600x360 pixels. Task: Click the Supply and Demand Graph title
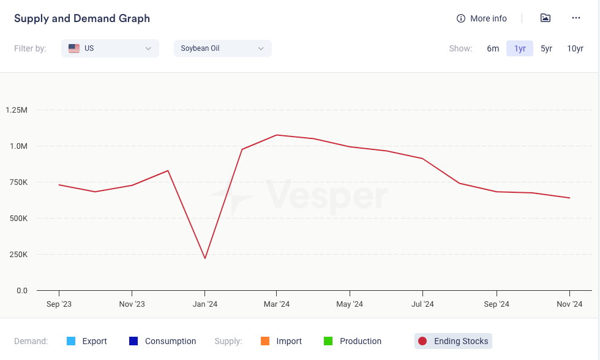coord(82,18)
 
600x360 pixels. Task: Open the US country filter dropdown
coord(110,48)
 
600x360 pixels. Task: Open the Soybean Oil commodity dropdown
coord(222,48)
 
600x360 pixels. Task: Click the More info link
coord(482,18)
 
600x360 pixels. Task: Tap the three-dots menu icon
coord(576,18)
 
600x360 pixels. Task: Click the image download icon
coord(546,18)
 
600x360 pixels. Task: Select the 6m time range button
coord(493,48)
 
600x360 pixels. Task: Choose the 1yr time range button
coord(520,48)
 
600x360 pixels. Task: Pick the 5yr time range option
coord(546,48)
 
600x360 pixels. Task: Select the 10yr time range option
coord(575,48)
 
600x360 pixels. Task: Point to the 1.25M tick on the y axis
coord(16,110)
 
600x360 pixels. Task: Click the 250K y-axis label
coord(17,254)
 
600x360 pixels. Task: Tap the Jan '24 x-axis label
coord(204,304)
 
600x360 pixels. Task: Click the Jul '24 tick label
coord(422,304)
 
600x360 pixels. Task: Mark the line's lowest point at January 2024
coord(204,258)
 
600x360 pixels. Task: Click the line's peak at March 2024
coord(277,135)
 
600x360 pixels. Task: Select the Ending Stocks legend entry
coord(453,341)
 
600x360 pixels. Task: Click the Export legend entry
coord(87,341)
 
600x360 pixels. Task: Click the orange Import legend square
coord(265,341)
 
